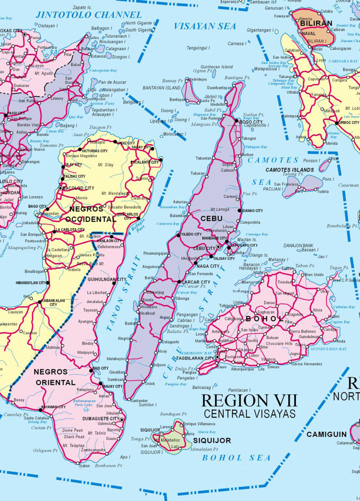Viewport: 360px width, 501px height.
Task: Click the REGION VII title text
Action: click(x=249, y=401)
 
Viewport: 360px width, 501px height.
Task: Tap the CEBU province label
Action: click(x=211, y=219)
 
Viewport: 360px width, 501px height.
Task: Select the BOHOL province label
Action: click(x=264, y=319)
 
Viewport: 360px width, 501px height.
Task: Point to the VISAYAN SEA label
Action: click(x=205, y=26)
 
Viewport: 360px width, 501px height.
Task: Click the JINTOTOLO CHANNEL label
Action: click(x=89, y=15)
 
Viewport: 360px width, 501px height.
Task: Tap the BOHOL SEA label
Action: click(x=236, y=458)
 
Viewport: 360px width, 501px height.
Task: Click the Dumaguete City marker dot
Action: click(x=122, y=420)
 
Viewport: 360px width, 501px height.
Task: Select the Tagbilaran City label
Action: click(x=195, y=358)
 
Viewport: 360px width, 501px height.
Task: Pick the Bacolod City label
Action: click(x=78, y=188)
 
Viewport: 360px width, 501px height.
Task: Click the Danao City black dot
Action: click(x=240, y=211)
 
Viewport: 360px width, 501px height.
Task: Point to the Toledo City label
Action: click(x=191, y=234)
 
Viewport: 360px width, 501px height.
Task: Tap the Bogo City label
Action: click(x=251, y=122)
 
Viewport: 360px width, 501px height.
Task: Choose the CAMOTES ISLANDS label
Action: click(x=290, y=170)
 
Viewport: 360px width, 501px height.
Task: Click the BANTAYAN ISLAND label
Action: click(x=161, y=88)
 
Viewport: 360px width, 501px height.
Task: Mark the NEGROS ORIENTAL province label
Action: click(x=55, y=377)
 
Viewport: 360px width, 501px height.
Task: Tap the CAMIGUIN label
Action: click(x=326, y=434)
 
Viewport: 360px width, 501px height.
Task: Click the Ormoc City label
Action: click(x=349, y=123)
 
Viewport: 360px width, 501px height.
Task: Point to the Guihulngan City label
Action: click(x=107, y=280)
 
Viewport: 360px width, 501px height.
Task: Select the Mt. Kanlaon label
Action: click(x=90, y=236)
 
